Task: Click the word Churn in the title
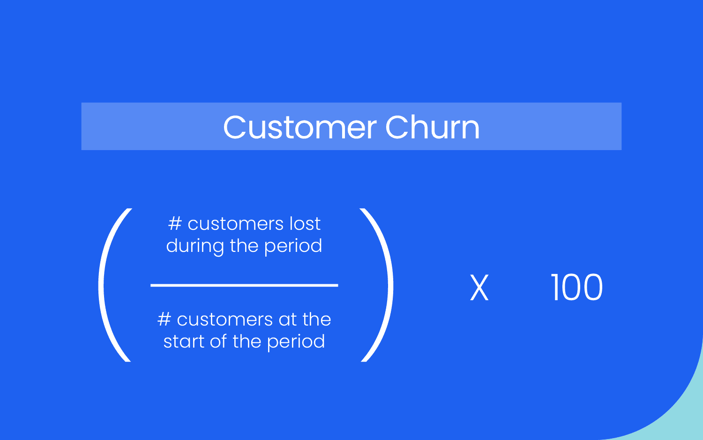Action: [x=433, y=127]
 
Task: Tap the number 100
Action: [x=576, y=288]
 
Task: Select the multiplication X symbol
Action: [x=479, y=288]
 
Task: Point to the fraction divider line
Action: [x=244, y=285]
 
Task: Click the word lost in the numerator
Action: [x=305, y=224]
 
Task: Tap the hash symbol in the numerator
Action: [x=174, y=224]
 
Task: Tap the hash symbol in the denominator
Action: [x=164, y=319]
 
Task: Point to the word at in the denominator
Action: [x=287, y=320]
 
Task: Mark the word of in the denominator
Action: [x=218, y=341]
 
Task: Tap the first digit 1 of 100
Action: [x=555, y=288]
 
